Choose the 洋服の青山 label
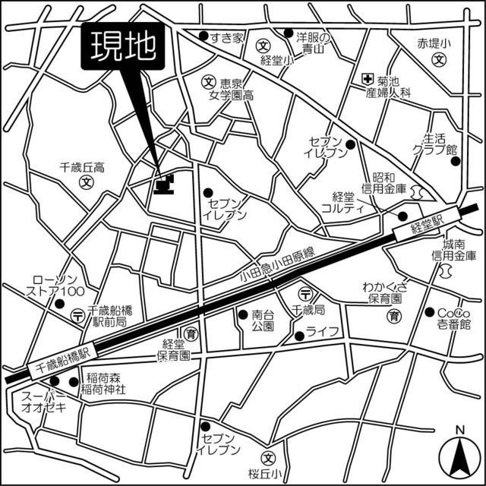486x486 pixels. click(312, 43)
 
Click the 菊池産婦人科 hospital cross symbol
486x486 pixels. click(367, 78)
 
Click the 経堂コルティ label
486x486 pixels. click(343, 202)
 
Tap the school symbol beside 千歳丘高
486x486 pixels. click(87, 182)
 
